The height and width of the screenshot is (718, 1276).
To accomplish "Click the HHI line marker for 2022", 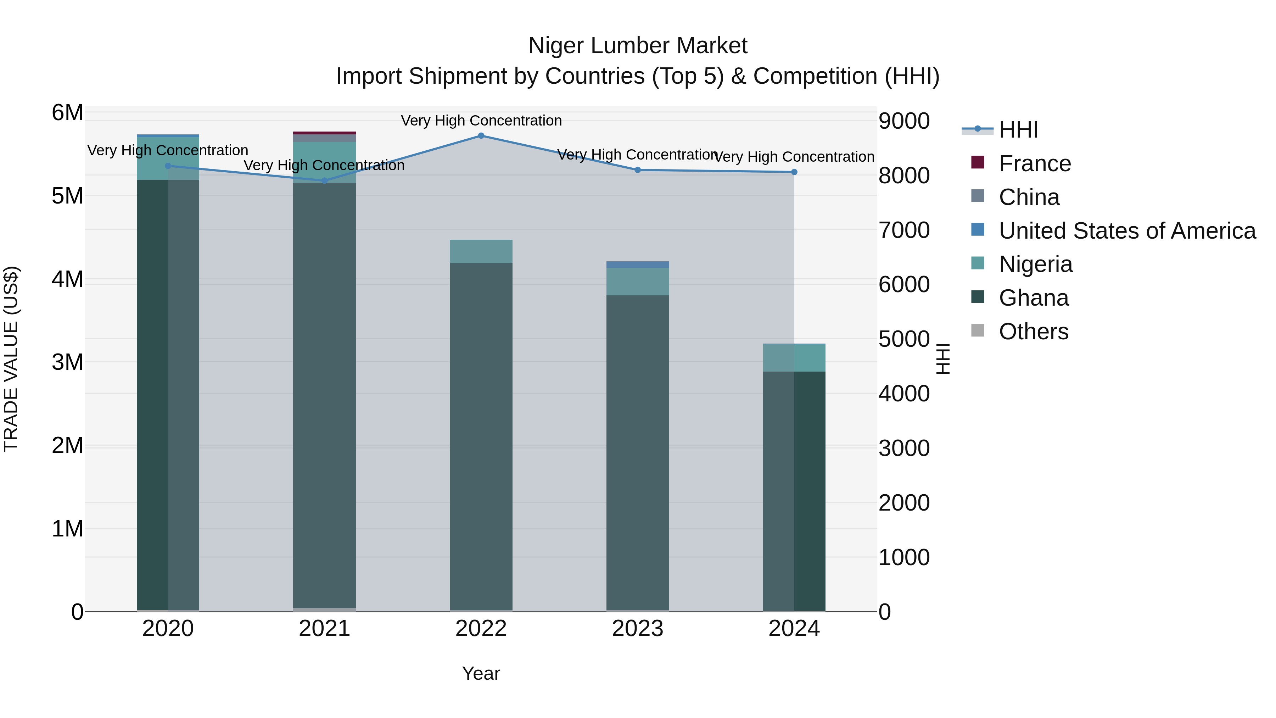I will point(481,136).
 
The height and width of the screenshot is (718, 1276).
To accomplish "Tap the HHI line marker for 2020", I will point(168,166).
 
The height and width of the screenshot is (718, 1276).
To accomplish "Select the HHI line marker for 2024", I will point(794,172).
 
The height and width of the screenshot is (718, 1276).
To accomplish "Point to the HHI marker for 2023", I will point(638,170).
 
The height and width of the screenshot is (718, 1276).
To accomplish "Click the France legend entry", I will point(1034,163).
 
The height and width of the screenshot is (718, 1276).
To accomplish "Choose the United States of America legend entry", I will point(1127,231).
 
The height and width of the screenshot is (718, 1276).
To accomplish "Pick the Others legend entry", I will point(1033,332).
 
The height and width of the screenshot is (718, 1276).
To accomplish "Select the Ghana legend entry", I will point(1033,298).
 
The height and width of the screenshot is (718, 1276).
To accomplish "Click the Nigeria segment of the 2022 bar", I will point(481,251).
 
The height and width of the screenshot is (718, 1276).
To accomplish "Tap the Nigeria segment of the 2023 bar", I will point(638,282).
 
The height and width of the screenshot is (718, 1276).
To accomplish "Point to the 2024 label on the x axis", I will point(794,629).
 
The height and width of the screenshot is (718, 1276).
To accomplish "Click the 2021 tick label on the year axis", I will point(324,629).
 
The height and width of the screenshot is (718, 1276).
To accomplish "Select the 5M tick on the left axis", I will point(67,196).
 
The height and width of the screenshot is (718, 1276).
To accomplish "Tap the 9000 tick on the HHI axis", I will point(904,121).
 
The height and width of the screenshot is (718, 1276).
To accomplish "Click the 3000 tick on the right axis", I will point(904,448).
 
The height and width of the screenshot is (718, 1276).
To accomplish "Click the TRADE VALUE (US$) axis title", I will point(11,359).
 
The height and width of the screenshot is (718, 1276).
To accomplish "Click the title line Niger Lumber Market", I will point(638,46).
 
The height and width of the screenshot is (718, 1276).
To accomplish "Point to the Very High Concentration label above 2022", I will point(481,121).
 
